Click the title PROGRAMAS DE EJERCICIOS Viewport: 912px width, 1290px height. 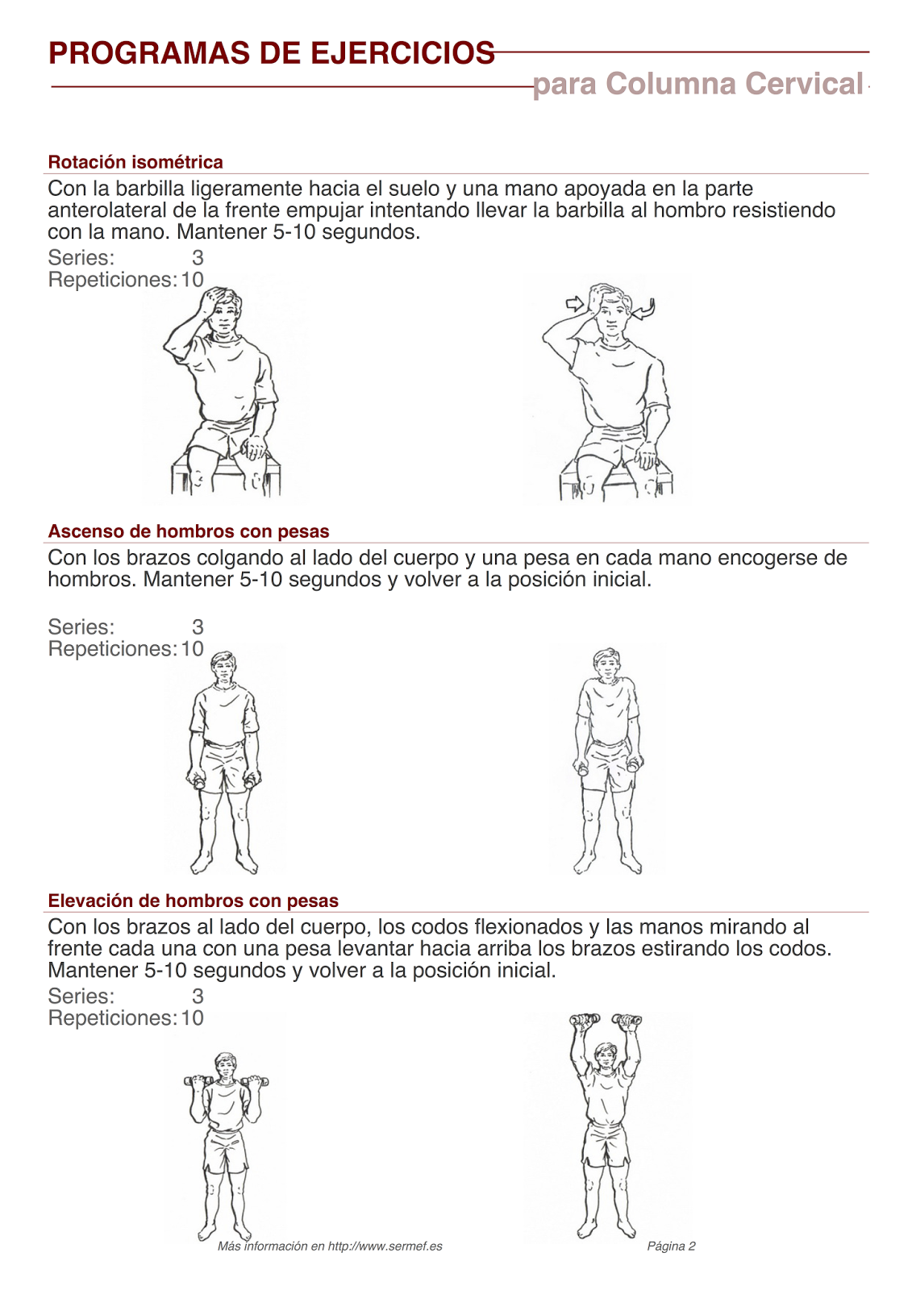pos(271,53)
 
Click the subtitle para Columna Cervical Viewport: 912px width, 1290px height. pos(698,84)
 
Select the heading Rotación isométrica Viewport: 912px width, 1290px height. pos(135,162)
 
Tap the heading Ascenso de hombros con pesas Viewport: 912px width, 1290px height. pos(189,531)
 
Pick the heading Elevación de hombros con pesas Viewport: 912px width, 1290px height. pos(193,901)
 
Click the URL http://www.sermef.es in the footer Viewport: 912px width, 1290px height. pos(385,1246)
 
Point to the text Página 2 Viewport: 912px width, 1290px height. pos(671,1246)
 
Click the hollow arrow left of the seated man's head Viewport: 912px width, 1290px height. pos(574,304)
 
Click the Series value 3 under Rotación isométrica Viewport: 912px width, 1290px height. pos(198,258)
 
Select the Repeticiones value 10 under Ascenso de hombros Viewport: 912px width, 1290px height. pos(192,649)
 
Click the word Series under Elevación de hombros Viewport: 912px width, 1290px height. pos(81,997)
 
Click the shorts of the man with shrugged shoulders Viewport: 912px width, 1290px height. pos(607,762)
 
